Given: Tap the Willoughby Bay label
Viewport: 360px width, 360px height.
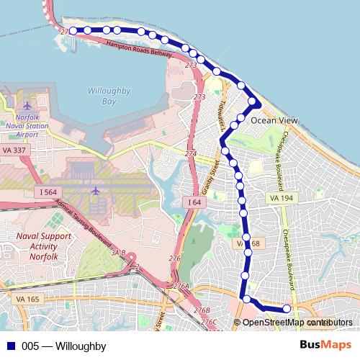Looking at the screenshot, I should tap(107, 96).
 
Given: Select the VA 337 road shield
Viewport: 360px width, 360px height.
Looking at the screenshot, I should tap(14, 149).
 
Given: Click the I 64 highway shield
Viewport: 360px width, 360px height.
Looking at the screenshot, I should tap(194, 203).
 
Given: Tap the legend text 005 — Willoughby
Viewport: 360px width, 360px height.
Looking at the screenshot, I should tap(63, 346).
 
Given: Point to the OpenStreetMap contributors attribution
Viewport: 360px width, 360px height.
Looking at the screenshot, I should tap(297, 323).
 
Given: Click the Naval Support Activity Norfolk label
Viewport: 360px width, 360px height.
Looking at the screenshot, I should tap(43, 246).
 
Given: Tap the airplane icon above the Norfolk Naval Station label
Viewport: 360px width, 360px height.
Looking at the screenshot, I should tap(27, 107).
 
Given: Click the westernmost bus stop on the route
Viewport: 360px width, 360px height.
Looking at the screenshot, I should tap(73, 31).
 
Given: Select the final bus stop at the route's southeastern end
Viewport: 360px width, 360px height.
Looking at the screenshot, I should tap(286, 309).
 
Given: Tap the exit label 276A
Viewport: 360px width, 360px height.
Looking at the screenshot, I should tap(182, 287).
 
